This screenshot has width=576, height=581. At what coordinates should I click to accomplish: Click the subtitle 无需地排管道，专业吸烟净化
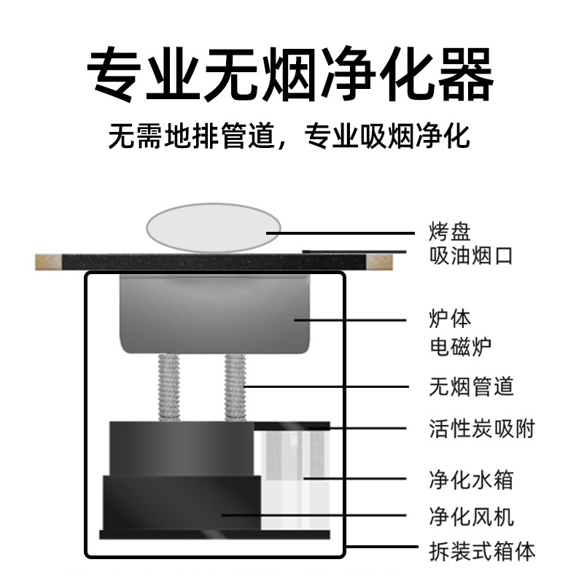click(289, 136)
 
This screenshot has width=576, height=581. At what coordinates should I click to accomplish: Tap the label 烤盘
click(449, 233)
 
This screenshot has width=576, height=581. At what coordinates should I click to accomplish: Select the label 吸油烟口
click(470, 256)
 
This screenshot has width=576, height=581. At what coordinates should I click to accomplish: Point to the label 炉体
click(449, 319)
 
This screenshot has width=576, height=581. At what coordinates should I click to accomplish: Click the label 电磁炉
click(460, 345)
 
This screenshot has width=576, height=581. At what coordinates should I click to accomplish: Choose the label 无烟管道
click(470, 386)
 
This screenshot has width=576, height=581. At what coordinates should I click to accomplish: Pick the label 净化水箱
click(470, 480)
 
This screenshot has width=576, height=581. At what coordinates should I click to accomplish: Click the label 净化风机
click(470, 517)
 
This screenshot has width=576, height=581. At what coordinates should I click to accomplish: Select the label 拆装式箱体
click(481, 550)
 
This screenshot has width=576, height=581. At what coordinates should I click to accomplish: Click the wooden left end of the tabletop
click(48, 261)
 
